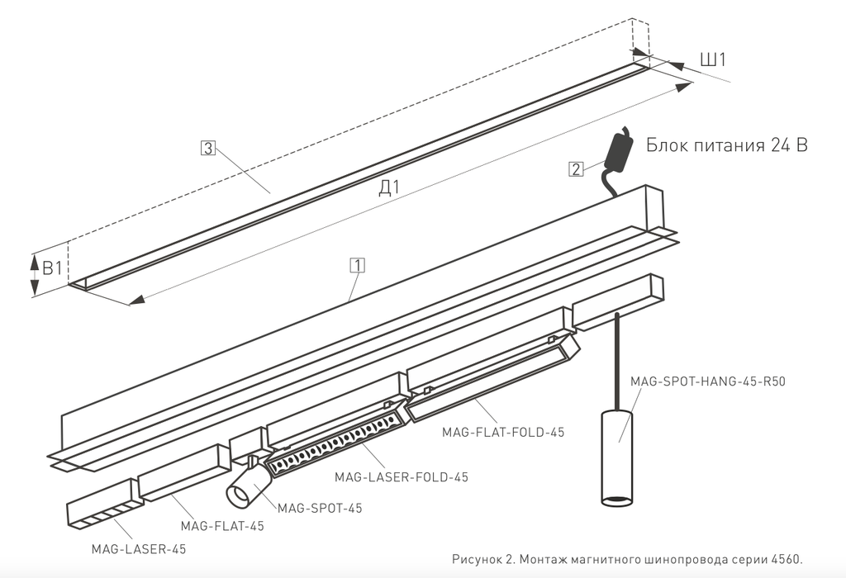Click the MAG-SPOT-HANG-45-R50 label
pos(708,381)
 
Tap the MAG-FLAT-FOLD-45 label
pos(503,432)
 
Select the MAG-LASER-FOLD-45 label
pos(402,477)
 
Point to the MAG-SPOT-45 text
pos(320,508)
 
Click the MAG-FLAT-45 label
pos(222,526)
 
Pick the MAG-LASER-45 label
pos(139,549)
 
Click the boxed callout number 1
pos(357,265)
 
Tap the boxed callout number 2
pos(576,168)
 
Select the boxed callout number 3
pos(207,148)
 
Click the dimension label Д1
pos(389,187)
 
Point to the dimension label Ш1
pos(713,59)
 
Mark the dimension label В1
pos(52,268)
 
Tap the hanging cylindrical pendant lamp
pos(617,458)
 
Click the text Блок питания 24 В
pos(727,145)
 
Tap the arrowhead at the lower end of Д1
pos(136,301)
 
